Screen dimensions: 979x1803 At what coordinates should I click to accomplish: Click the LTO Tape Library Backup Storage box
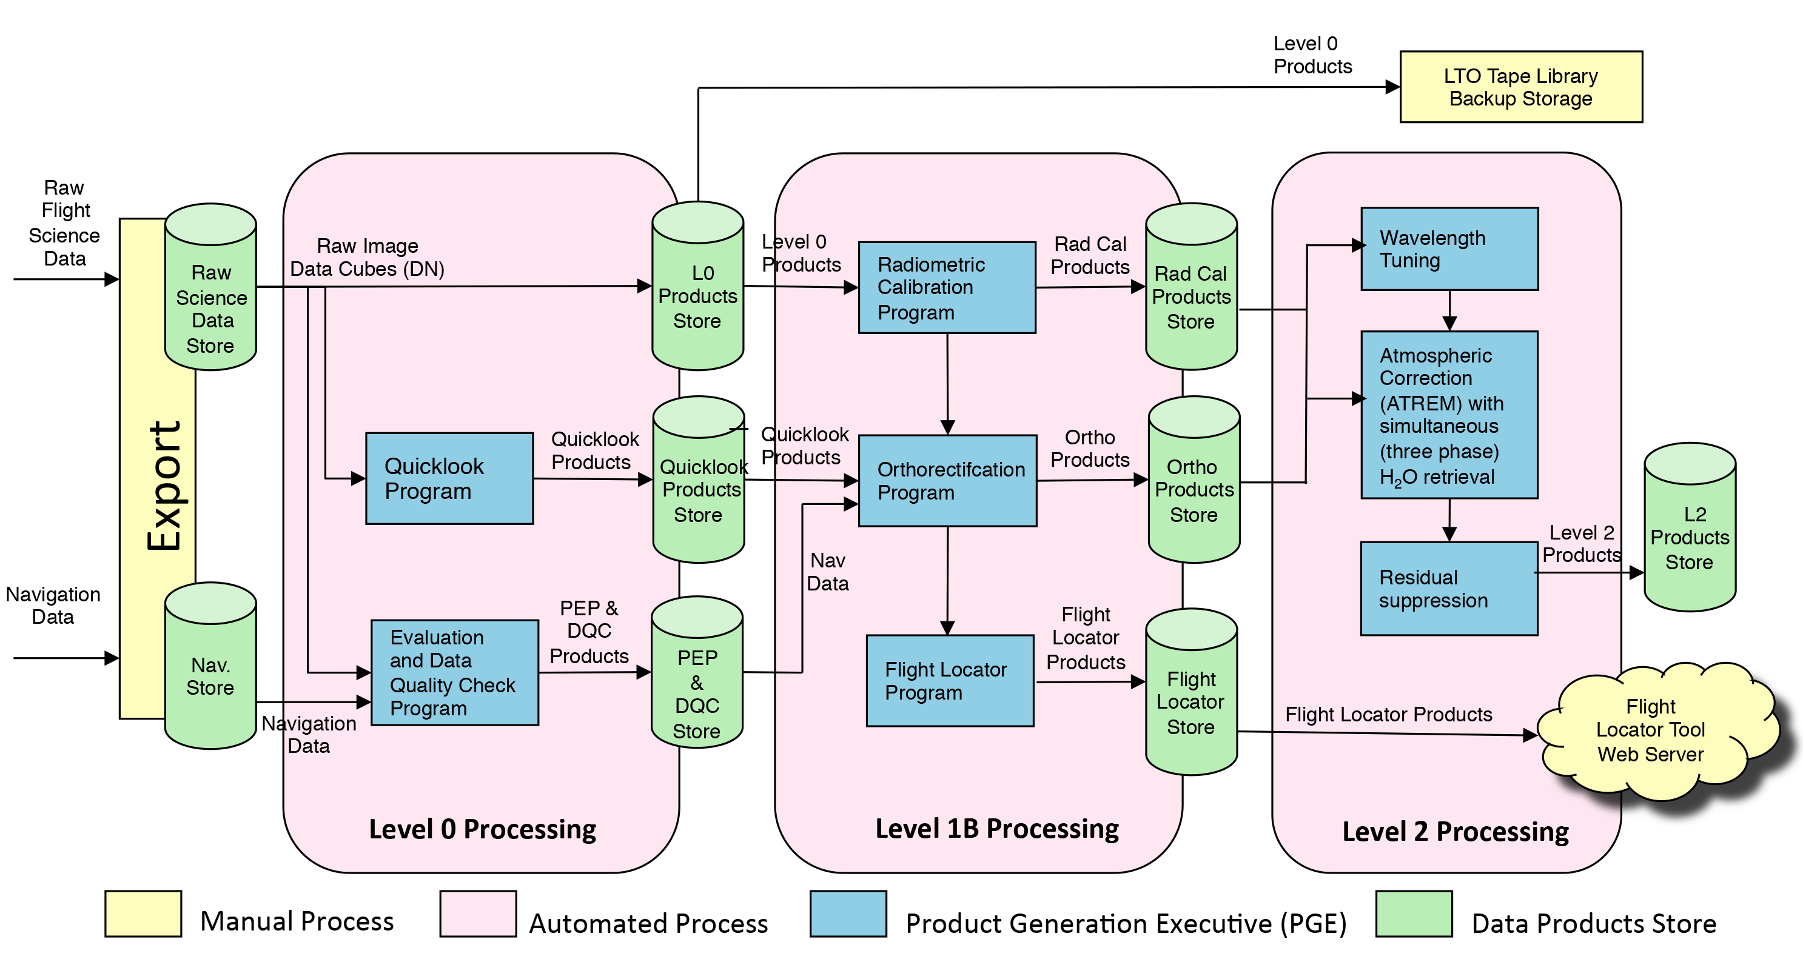(1520, 87)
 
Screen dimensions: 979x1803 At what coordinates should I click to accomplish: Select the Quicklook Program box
(449, 479)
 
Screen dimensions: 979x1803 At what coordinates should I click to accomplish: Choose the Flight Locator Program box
(949, 680)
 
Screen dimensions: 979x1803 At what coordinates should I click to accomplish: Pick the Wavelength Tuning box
(1449, 249)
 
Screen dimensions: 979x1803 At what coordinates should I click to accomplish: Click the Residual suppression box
(1448, 589)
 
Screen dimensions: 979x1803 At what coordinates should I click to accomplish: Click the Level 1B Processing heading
(996, 829)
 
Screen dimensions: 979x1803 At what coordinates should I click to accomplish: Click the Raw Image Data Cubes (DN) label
(367, 258)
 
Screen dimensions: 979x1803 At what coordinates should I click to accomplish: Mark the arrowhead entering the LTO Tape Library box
(1392, 87)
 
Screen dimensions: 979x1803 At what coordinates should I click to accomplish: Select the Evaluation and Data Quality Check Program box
(454, 672)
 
